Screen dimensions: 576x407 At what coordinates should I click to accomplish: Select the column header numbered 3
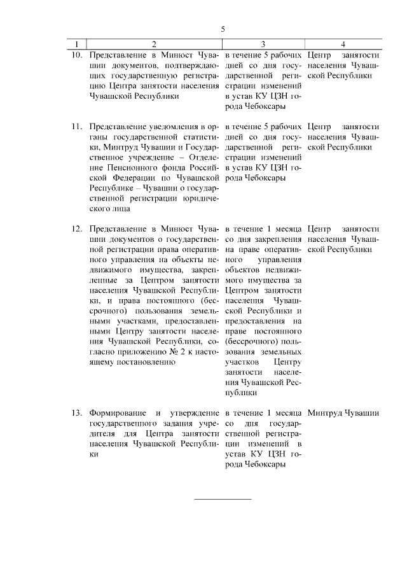tap(263, 45)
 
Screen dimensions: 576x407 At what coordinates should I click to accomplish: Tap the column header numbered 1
tap(76, 45)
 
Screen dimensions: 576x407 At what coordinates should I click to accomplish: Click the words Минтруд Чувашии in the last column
tap(343, 413)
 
